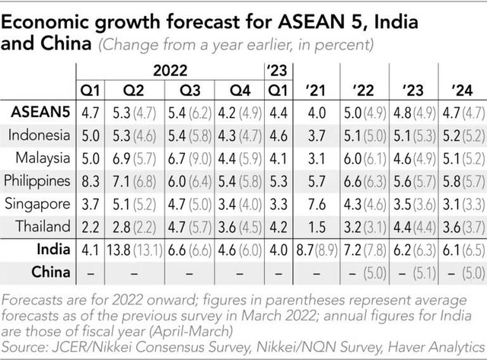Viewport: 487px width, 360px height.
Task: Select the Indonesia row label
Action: (x=40, y=135)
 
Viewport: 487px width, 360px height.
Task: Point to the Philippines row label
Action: (x=38, y=181)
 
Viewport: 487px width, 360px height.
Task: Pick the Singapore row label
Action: (x=40, y=204)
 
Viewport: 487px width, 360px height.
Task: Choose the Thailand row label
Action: (x=43, y=226)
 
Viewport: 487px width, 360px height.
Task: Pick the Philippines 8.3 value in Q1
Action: (x=90, y=181)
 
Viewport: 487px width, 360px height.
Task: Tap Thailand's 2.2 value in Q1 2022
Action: (x=90, y=227)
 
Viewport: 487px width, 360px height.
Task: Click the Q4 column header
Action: (x=240, y=91)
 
